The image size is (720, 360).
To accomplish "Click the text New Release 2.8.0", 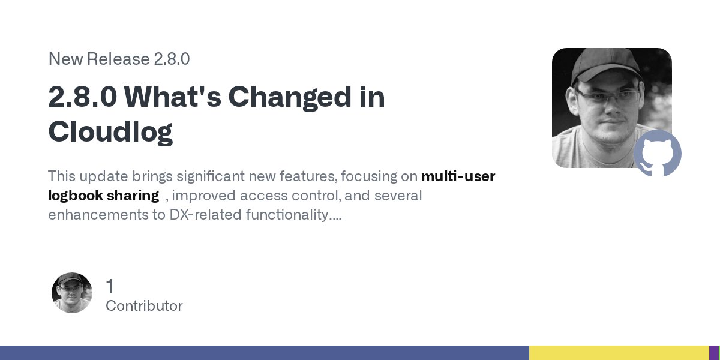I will point(119,59).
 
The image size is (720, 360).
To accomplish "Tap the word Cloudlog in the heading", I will point(110,131).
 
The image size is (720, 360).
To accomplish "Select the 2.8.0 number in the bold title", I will point(82,97).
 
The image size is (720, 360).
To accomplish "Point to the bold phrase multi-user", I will point(458,176).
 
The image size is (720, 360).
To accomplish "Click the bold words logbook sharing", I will point(103,196).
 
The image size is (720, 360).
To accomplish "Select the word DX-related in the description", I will point(206,214).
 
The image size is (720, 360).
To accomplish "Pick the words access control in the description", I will point(286,196).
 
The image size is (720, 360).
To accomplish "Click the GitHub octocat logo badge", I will point(658,153).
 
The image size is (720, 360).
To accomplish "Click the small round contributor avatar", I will point(72,293).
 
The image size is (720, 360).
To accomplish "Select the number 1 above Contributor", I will point(110,286).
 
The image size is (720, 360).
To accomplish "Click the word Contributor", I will point(144,306).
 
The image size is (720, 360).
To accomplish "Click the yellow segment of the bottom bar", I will point(618,353).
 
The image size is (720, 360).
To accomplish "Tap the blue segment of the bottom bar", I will point(264,353).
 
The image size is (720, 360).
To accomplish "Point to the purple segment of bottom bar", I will point(714,353).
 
